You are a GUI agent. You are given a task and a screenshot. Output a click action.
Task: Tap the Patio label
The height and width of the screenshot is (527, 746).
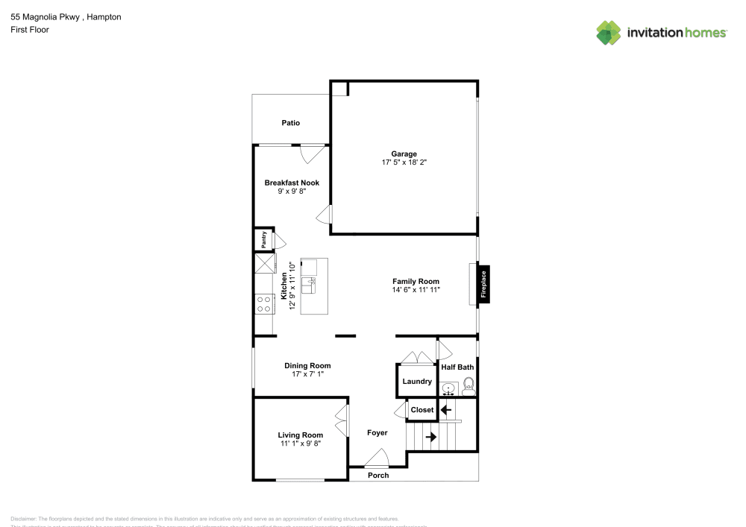(291, 123)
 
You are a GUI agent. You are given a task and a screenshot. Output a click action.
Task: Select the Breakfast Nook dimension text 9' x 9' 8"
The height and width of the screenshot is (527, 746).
(292, 191)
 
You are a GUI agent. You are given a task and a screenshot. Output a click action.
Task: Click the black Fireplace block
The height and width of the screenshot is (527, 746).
(483, 285)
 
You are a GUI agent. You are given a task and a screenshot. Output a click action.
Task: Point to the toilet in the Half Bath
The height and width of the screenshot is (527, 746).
(468, 385)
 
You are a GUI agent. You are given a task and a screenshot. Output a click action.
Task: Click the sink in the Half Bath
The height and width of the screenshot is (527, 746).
(448, 388)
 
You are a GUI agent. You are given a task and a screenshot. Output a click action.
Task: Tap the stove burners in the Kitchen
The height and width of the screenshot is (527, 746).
(263, 303)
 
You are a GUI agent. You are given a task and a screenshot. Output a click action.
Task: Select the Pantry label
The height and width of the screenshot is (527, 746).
(263, 239)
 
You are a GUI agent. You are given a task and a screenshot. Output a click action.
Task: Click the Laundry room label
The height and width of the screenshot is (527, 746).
(417, 381)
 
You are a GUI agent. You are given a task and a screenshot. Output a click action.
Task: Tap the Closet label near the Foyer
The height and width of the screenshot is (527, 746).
(422, 410)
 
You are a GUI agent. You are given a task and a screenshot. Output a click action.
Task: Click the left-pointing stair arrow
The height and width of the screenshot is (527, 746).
(446, 409)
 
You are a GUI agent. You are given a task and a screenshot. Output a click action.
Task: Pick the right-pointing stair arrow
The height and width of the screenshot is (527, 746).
(430, 437)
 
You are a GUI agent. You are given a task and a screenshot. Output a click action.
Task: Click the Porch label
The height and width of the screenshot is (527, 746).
(378, 475)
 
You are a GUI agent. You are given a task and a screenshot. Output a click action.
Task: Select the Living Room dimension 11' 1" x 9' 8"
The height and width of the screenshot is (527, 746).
(300, 444)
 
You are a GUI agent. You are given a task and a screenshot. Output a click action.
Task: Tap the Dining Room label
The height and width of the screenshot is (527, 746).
(307, 365)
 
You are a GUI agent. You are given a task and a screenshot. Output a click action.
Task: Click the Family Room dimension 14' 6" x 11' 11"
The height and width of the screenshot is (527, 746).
(416, 289)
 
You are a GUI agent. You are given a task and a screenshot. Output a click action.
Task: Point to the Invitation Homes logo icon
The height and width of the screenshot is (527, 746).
(609, 33)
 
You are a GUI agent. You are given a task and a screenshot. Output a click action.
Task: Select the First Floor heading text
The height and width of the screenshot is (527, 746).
(30, 30)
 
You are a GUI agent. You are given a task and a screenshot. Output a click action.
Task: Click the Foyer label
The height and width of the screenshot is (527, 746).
(377, 432)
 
